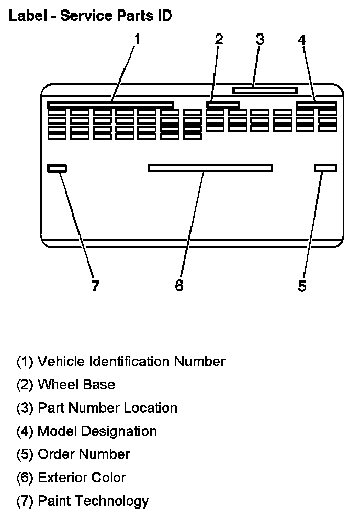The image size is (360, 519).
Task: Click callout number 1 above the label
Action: pos(137,39)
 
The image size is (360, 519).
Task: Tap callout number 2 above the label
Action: pos(219,39)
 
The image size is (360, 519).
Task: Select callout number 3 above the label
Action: pos(260,39)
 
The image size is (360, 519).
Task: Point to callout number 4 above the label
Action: pos(302,40)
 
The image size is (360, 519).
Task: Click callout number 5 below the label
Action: pos(302,286)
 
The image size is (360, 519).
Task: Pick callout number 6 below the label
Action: pos(179,286)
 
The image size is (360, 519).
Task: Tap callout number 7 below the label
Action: pos(95,286)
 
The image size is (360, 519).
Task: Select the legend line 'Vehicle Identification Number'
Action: pos(121,362)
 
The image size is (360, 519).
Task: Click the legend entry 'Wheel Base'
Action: pos(66,385)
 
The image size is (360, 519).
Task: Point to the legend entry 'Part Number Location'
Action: pos(97,408)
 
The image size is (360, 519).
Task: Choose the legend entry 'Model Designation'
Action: pos(87,431)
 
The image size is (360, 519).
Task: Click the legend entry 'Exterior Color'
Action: pos(71,477)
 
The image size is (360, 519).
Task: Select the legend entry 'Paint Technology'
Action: pos(83,501)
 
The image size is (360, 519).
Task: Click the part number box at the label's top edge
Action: pos(265,90)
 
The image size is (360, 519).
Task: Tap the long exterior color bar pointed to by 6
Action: pos(210,167)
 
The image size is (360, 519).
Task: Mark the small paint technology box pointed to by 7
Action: pos(57,168)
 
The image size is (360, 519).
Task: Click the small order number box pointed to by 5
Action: pos(325,167)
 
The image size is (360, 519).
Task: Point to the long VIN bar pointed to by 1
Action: pos(110,105)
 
